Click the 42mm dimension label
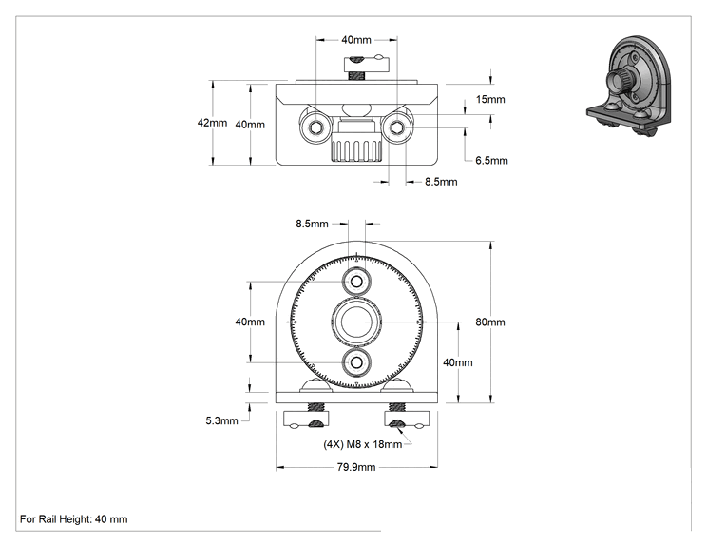tap(212, 123)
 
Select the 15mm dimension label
tap(490, 99)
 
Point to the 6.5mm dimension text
tap(491, 160)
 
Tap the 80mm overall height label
tap(490, 322)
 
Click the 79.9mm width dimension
tap(356, 467)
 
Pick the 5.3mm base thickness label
tap(221, 420)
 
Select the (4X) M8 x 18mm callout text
tap(362, 444)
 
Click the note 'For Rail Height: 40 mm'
tap(73, 519)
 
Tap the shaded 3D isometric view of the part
tap(629, 86)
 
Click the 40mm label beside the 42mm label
tap(250, 125)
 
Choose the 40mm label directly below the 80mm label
tap(458, 362)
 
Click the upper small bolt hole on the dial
tap(356, 283)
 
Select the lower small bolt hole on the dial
tap(356, 362)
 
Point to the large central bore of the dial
tap(356, 322)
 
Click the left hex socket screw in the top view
tap(315, 128)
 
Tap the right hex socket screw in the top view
tap(397, 128)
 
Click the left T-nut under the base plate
tap(306, 420)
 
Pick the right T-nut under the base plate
tap(407, 420)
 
